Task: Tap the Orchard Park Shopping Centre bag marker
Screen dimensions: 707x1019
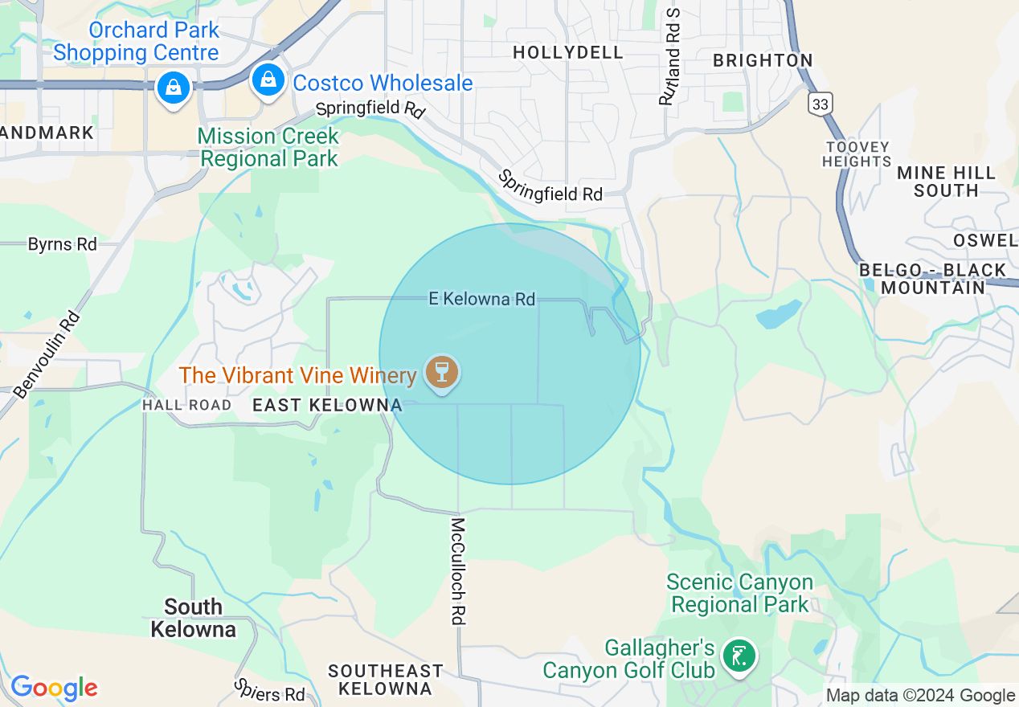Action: (174, 87)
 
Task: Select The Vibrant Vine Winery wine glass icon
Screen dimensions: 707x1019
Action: (441, 373)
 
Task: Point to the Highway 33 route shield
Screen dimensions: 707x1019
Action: (821, 104)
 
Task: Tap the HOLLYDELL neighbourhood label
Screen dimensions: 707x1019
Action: (568, 52)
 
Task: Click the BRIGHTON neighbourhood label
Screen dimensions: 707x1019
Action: (763, 60)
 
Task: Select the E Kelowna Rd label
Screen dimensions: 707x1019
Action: (481, 300)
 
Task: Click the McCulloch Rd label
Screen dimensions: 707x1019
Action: (458, 571)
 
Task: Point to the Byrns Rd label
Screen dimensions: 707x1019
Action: (62, 244)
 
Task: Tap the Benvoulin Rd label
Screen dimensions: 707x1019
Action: (47, 354)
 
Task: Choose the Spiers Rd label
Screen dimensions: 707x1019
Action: (270, 689)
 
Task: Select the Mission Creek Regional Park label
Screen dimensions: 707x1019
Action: (268, 147)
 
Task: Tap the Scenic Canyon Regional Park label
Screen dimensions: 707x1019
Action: (739, 593)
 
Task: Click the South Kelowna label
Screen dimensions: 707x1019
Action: (193, 617)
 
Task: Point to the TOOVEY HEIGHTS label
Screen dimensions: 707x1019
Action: (857, 153)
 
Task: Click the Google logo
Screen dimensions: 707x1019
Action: (54, 688)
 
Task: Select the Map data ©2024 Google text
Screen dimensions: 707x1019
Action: (920, 696)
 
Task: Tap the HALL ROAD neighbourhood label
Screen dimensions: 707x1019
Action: (186, 406)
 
